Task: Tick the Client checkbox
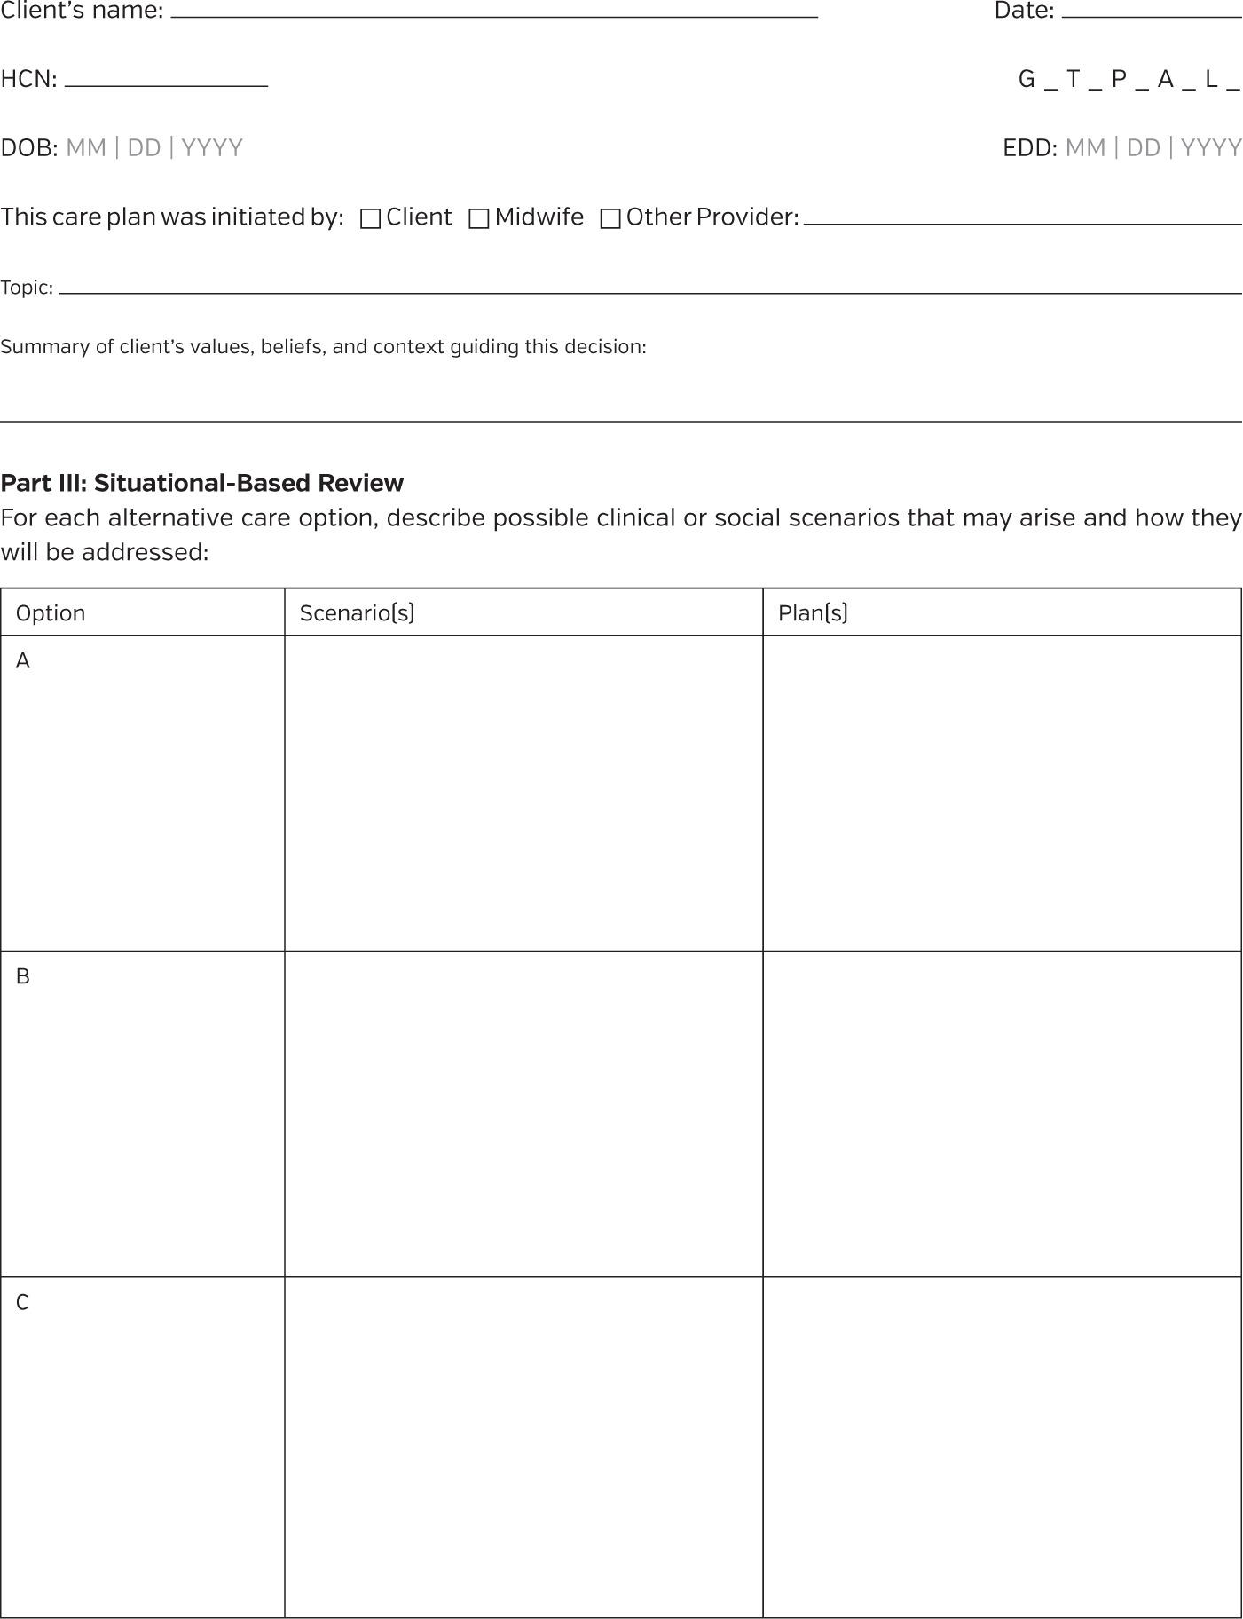click(x=371, y=219)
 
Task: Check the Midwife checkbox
click(x=478, y=219)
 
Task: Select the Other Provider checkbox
click(x=610, y=219)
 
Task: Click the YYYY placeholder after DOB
click(x=212, y=147)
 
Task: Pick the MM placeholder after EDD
click(x=1085, y=147)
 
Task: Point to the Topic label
click(x=27, y=288)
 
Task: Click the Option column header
click(x=51, y=613)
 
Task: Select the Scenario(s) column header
click(x=357, y=613)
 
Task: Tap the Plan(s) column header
click(x=813, y=613)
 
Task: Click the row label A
click(x=23, y=661)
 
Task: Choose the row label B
click(x=23, y=976)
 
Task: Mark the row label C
click(x=23, y=1302)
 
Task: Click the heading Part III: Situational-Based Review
click(x=202, y=483)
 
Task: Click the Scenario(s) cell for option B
click(x=523, y=1114)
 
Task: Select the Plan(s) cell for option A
click(x=1002, y=793)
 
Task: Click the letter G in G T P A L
click(x=1027, y=80)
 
